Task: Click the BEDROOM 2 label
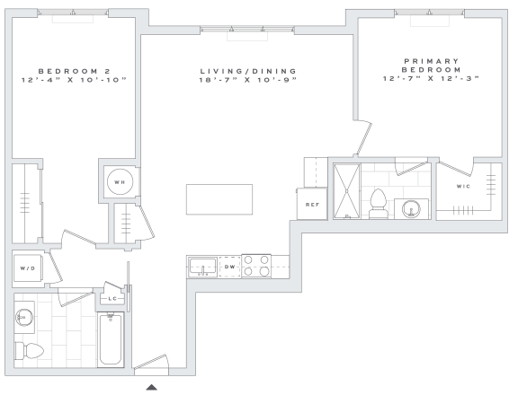click(x=75, y=71)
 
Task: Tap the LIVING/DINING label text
click(x=248, y=71)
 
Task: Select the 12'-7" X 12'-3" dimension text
click(x=431, y=78)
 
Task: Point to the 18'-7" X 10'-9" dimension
click(x=248, y=80)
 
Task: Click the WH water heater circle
click(x=120, y=181)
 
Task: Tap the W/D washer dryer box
click(x=28, y=268)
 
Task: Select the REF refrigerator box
click(x=312, y=204)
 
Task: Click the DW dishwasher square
click(x=229, y=267)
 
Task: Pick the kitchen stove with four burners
click(x=256, y=266)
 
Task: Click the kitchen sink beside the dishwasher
click(x=203, y=267)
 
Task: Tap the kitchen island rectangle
click(x=219, y=199)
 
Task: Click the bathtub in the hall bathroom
click(x=111, y=339)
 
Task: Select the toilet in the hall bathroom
click(x=30, y=351)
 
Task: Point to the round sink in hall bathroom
click(x=24, y=318)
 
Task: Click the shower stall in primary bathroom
click(x=347, y=191)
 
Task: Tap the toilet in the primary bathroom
click(x=379, y=204)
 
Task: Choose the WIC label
click(x=463, y=187)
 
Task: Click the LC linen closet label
click(x=112, y=299)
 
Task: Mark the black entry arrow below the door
click(x=152, y=387)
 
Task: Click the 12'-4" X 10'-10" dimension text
click(x=75, y=80)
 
